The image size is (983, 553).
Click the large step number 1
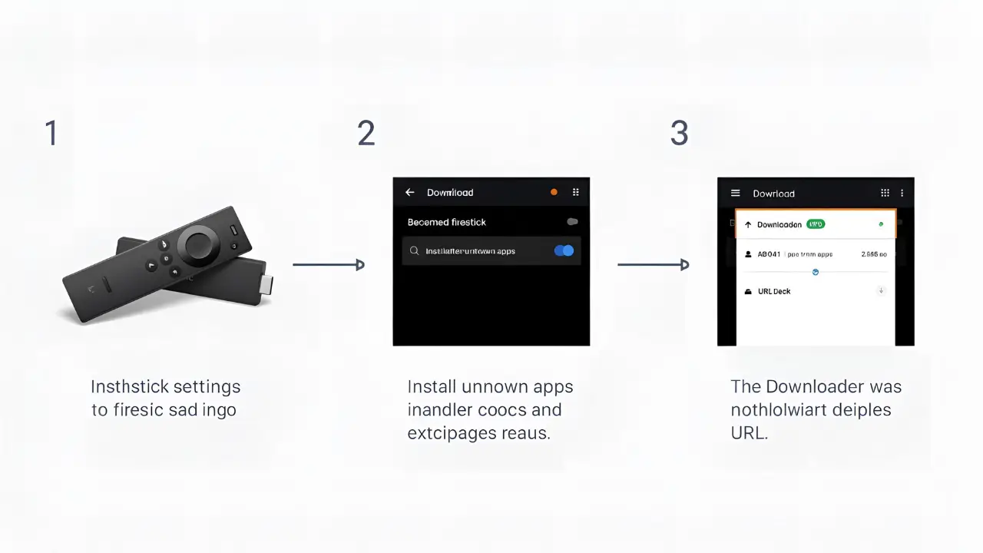51,134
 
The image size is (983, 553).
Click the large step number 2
366,134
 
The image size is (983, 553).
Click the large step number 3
679,134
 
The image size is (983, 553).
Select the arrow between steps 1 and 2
329,265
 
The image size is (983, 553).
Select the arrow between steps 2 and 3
653,265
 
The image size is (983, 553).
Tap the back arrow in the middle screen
410,193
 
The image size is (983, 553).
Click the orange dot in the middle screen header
554,193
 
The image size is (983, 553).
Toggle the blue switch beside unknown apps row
564,251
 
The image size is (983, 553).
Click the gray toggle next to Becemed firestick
571,222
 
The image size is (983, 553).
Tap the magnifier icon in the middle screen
415,251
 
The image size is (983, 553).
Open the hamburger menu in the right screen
735,194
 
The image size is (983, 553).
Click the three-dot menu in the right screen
902,194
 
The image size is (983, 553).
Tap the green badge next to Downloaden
816,224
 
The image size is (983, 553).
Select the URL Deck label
774,292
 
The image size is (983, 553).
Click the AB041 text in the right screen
769,254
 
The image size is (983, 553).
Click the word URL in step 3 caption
749,433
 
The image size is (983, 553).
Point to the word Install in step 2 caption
432,387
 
